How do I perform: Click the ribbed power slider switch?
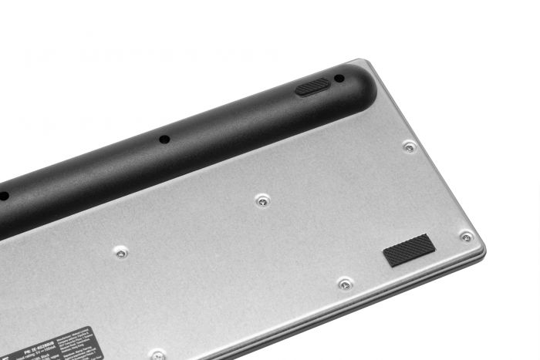(x=312, y=86)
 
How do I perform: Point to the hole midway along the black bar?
(x=164, y=140)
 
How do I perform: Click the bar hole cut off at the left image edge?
(x=3, y=196)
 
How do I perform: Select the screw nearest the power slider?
(x=410, y=146)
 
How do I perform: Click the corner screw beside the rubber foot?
(x=466, y=237)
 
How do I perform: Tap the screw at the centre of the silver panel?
(x=263, y=200)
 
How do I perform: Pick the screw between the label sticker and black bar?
(x=121, y=251)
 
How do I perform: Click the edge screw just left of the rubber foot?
(x=346, y=284)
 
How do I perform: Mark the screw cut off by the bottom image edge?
(x=157, y=355)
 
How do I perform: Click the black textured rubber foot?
(x=409, y=251)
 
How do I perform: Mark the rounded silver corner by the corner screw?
(x=479, y=247)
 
